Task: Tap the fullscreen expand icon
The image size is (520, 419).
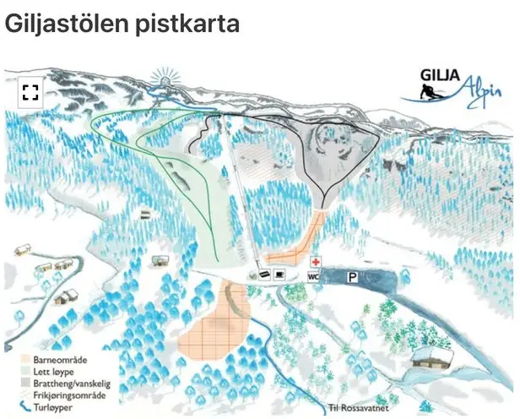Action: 30,92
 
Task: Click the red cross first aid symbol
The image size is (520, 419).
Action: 317,262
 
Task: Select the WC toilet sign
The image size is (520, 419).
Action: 312,276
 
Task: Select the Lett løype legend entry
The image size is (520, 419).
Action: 49,369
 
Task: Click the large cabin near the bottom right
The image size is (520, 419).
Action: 433,356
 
